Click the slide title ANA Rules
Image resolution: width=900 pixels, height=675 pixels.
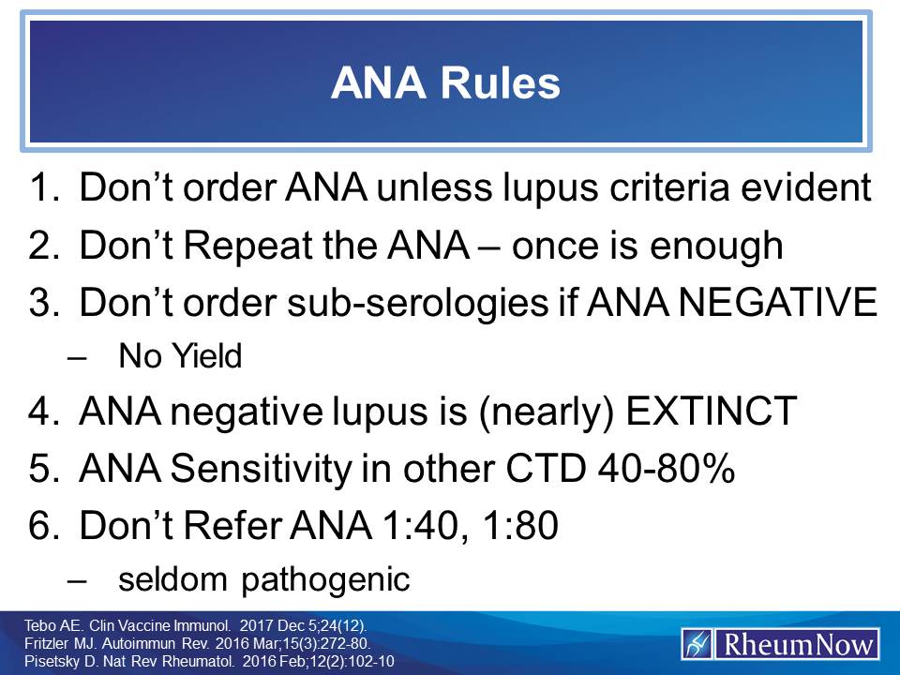[444, 83]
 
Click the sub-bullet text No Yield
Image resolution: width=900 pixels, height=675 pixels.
[180, 356]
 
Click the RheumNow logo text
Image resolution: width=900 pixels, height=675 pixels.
[796, 645]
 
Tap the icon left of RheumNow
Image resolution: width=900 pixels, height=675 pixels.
[697, 645]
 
